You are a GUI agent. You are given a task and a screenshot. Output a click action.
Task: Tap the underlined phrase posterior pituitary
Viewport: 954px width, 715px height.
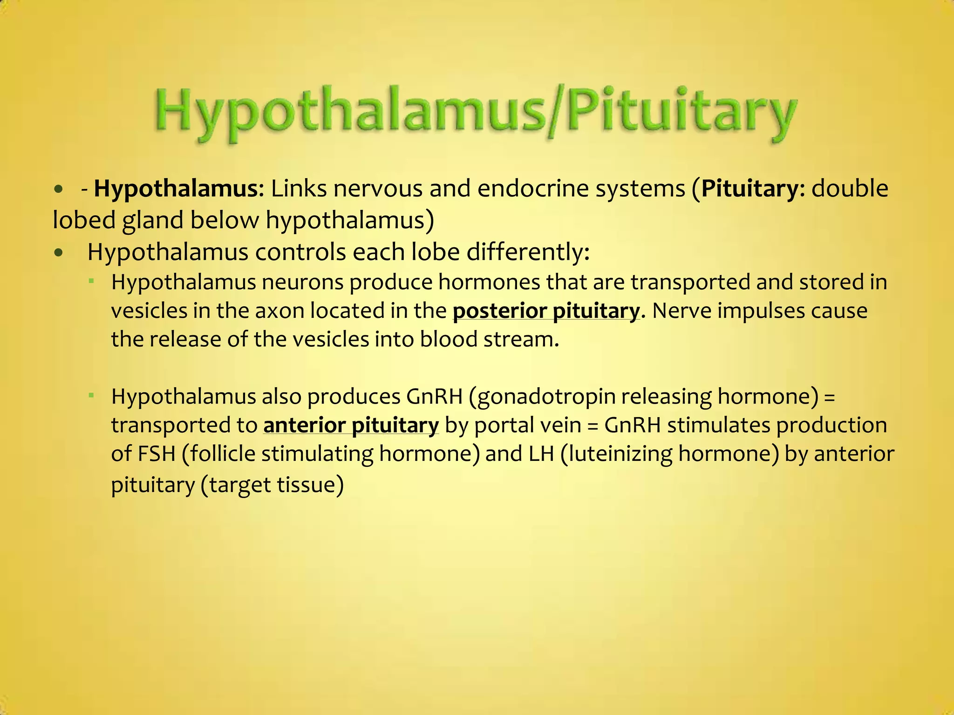pos(546,311)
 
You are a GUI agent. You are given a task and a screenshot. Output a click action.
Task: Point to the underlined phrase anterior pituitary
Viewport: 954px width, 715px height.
pos(351,425)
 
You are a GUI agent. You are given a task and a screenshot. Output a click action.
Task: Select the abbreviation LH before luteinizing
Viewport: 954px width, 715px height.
pos(542,454)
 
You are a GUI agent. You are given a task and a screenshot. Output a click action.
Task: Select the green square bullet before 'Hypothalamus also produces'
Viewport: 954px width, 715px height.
pos(92,395)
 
